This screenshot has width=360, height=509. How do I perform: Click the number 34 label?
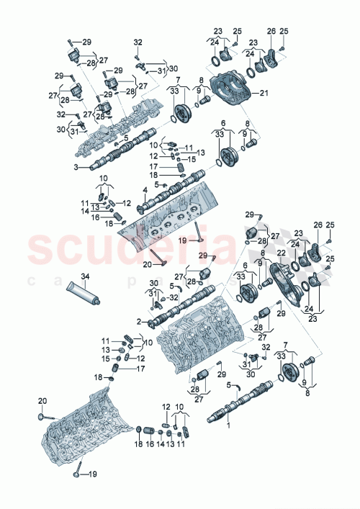84,276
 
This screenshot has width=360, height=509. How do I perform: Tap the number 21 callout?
264,93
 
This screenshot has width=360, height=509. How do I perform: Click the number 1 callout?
230,425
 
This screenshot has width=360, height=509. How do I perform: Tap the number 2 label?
138,321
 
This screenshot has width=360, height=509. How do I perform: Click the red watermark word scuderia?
130,248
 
